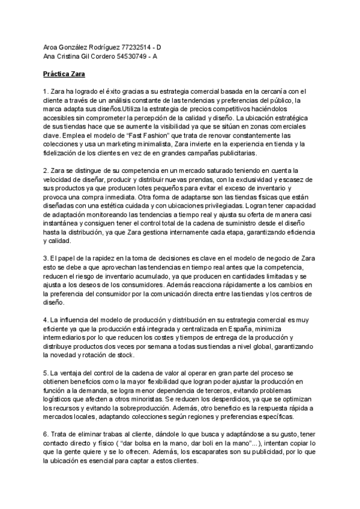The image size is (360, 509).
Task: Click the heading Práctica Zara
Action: coord(65,74)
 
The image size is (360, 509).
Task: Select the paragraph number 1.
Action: coord(45,91)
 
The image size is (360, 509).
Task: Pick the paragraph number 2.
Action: coord(45,172)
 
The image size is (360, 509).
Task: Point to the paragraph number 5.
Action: coord(45,373)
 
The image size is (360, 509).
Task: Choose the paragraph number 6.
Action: coord(45,432)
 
